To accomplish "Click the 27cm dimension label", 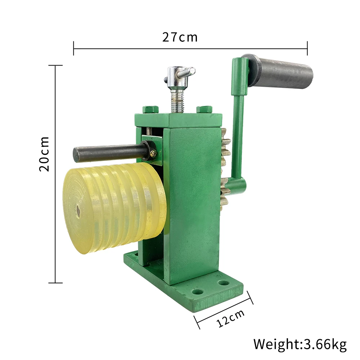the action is tap(180, 37).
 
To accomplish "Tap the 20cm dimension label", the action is tap(44, 154).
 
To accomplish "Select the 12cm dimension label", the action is tap(230, 319).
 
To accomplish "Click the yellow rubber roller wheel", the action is tap(114, 208).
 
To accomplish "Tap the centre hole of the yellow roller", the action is tap(78, 211).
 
